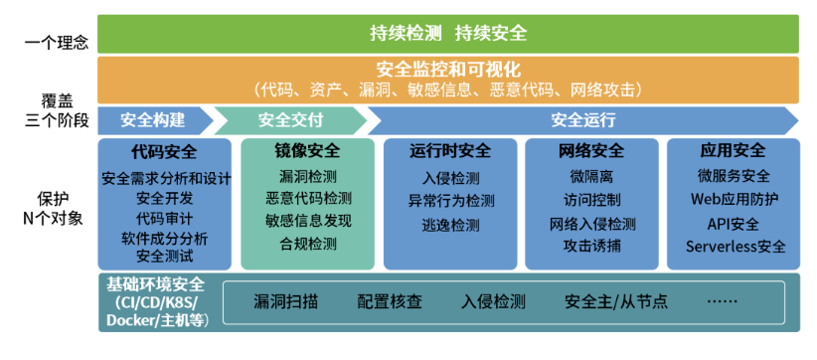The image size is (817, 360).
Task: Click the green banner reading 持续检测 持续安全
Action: pyautogui.click(x=448, y=34)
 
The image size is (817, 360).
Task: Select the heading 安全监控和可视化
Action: pyautogui.click(x=448, y=69)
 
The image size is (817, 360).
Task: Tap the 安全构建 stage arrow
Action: pyautogui.click(x=155, y=120)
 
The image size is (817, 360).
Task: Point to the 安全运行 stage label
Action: pyautogui.click(x=583, y=120)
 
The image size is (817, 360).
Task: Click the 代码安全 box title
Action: pyautogui.click(x=164, y=151)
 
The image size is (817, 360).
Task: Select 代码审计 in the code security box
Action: pyautogui.click(x=164, y=218)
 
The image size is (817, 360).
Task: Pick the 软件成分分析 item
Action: pyautogui.click(x=164, y=239)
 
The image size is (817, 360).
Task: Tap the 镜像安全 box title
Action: pyautogui.click(x=307, y=151)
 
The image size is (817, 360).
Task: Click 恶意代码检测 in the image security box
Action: pyautogui.click(x=308, y=198)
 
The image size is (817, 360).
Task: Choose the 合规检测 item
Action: pyautogui.click(x=308, y=244)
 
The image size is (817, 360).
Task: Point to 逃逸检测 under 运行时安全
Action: pyautogui.click(x=450, y=225)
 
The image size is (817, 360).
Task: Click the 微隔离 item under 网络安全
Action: pyautogui.click(x=592, y=177)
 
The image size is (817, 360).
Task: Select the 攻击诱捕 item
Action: pyautogui.click(x=592, y=246)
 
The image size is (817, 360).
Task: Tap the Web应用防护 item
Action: pyautogui.click(x=735, y=199)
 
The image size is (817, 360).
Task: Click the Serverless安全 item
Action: pyautogui.click(x=735, y=246)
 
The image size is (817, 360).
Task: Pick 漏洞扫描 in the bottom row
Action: pyautogui.click(x=286, y=301)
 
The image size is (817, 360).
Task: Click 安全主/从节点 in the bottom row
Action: pyautogui.click(x=616, y=301)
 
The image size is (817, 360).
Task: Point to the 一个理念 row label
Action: pyautogui.click(x=57, y=43)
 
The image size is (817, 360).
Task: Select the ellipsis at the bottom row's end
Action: pyautogui.click(x=723, y=301)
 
